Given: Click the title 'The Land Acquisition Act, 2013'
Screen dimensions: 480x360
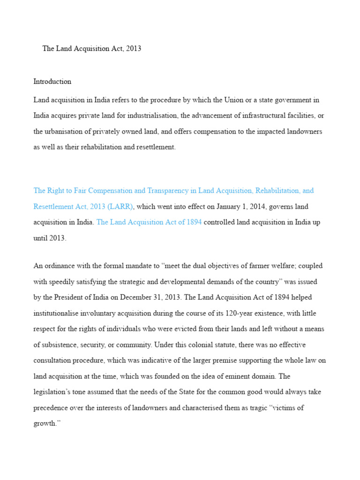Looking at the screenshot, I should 91,49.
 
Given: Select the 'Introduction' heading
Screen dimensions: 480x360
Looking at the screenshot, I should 52,82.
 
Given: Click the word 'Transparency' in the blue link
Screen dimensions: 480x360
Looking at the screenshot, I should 169,191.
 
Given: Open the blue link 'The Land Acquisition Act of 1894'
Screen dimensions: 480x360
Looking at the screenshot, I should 149,222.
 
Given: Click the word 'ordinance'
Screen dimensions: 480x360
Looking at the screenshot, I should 60,266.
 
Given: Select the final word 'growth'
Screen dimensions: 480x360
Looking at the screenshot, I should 46,424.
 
